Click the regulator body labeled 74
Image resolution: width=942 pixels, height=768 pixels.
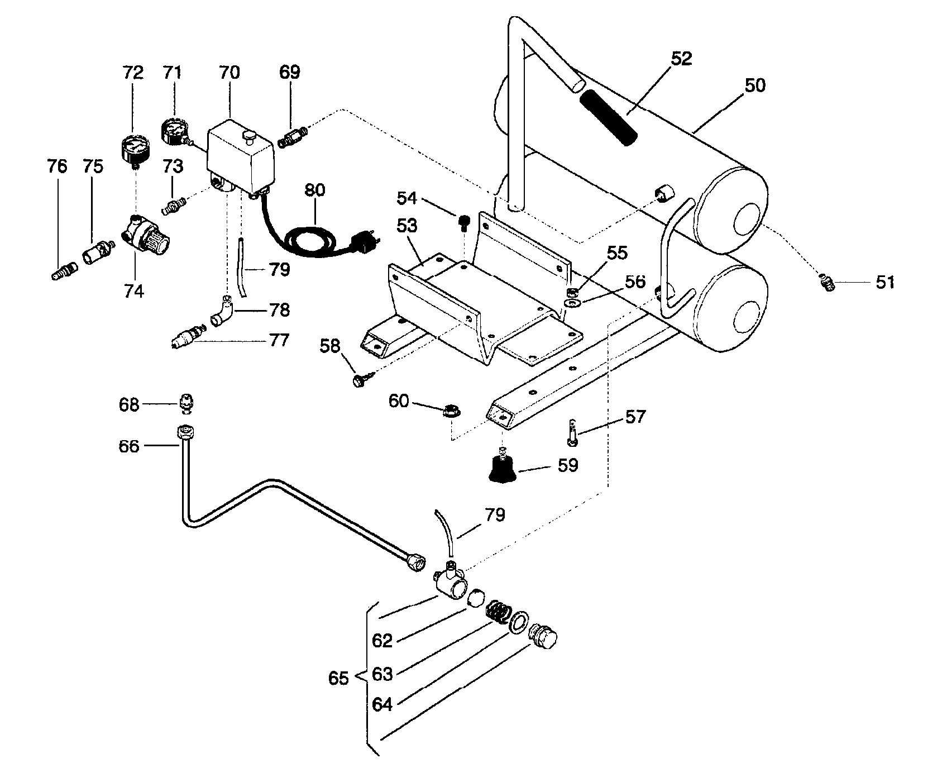[x=145, y=237]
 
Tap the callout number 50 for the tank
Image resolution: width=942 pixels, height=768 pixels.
[x=755, y=85]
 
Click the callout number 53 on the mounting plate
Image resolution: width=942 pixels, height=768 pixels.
[x=407, y=227]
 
